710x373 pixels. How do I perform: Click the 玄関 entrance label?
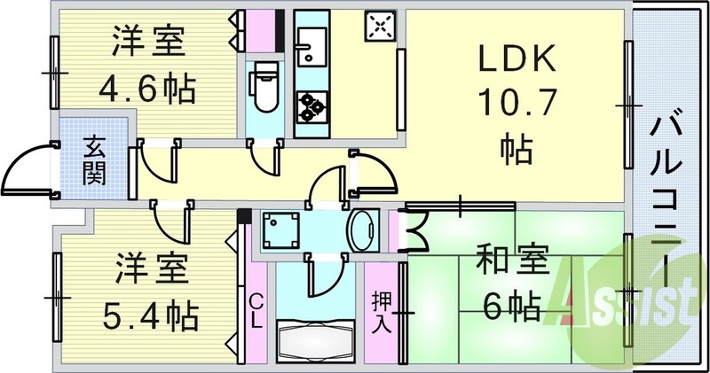click(x=94, y=159)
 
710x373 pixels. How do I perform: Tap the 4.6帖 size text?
click(x=147, y=89)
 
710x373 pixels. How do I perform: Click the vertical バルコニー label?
click(x=667, y=187)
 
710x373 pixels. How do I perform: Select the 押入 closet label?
click(x=381, y=311)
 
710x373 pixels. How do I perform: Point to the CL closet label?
click(x=255, y=311)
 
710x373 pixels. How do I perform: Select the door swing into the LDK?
click(x=377, y=178)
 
